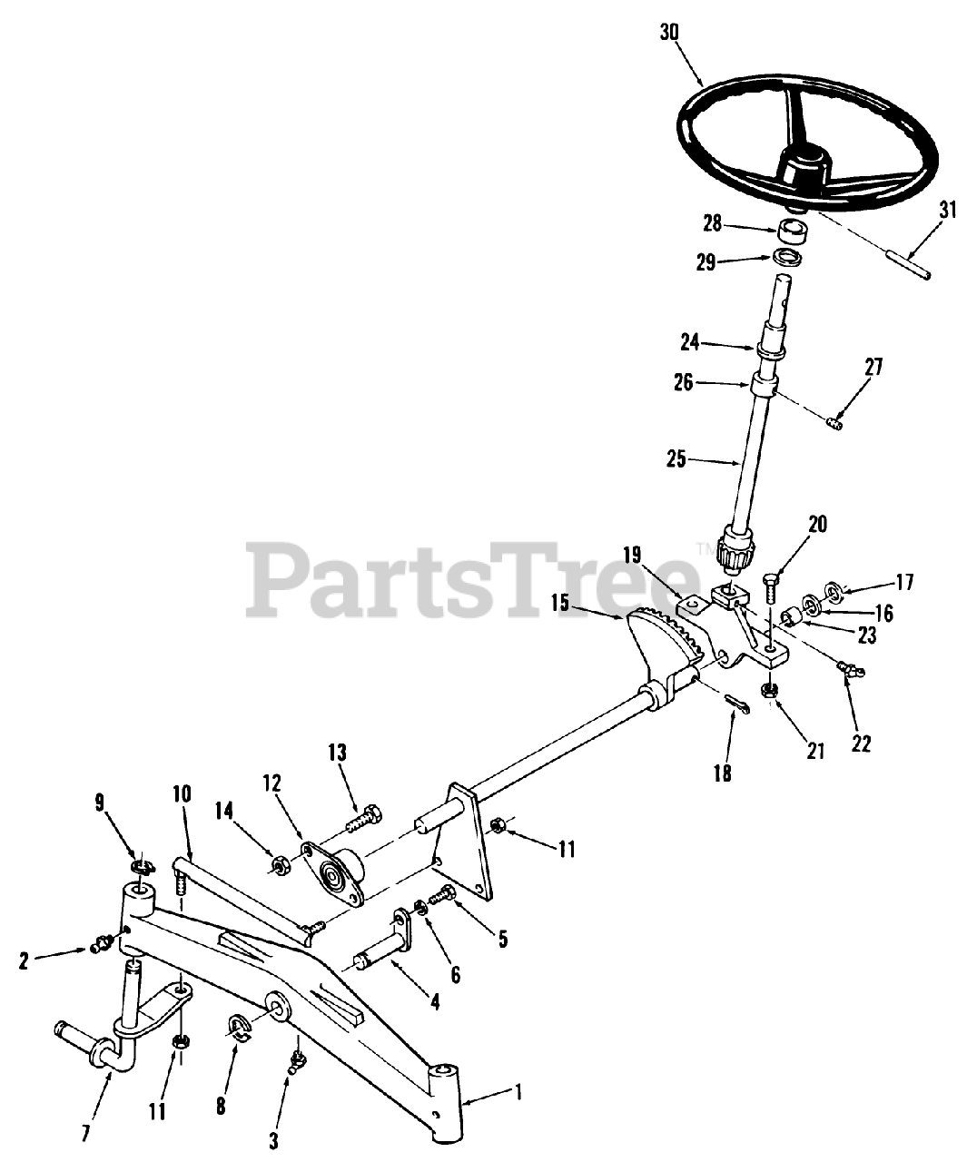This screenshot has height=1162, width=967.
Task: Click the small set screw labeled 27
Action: click(836, 420)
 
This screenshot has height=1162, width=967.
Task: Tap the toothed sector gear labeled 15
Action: click(666, 640)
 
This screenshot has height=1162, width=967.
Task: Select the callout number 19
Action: click(632, 553)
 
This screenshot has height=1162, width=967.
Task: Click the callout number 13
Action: click(337, 752)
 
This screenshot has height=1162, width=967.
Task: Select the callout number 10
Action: click(181, 793)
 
